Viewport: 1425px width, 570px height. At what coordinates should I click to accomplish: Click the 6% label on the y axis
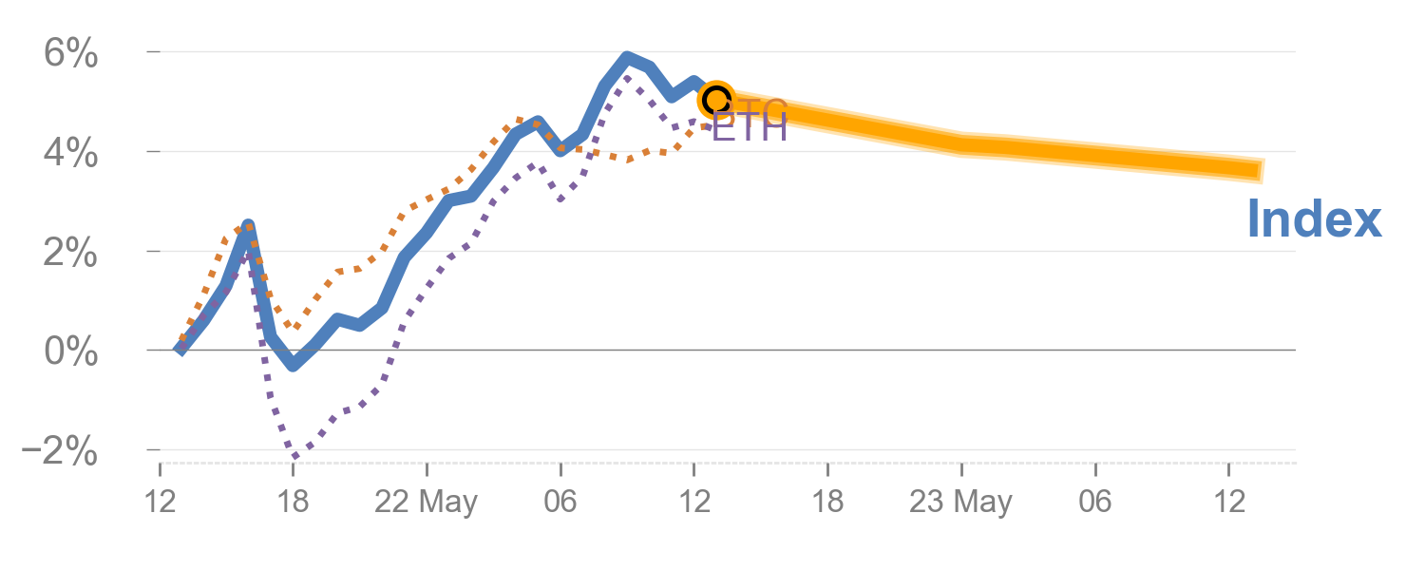click(x=70, y=54)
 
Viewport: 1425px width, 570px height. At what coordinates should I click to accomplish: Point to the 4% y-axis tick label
click(x=70, y=153)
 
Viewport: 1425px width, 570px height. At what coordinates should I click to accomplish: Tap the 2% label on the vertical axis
click(x=70, y=254)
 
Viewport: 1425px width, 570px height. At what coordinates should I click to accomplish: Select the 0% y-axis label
click(x=70, y=352)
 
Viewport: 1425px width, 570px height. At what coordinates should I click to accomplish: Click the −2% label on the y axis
click(x=59, y=452)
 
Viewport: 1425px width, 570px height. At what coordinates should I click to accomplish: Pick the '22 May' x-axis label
click(x=427, y=502)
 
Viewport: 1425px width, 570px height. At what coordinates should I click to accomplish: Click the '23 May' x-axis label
click(x=960, y=502)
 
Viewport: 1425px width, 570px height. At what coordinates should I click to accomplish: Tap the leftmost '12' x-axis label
click(x=160, y=502)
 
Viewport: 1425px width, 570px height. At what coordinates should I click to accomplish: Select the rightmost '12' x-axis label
click(x=1229, y=502)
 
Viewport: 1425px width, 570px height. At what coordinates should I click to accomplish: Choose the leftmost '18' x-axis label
click(x=293, y=502)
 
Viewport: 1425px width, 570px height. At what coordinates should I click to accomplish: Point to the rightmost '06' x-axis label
click(x=1095, y=502)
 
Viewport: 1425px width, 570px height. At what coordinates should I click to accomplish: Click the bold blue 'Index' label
click(x=1313, y=220)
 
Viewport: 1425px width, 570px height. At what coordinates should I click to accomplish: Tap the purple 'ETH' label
click(x=750, y=128)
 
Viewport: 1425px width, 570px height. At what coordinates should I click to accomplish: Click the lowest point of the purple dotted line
click(x=294, y=457)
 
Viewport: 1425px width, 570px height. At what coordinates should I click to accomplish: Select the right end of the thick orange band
click(x=1262, y=171)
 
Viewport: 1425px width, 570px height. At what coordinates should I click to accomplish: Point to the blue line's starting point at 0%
click(x=180, y=350)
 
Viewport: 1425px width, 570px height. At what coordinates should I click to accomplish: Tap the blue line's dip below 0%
click(x=293, y=365)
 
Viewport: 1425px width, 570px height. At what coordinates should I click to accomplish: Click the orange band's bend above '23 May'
click(x=961, y=145)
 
